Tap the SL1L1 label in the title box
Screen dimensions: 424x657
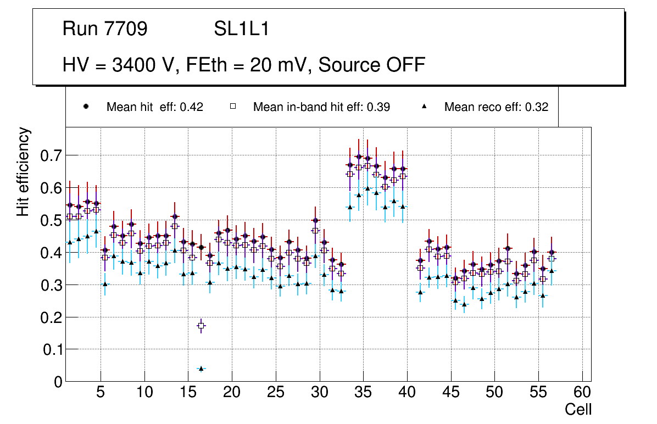tap(241, 29)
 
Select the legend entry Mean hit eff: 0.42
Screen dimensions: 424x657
tap(154, 107)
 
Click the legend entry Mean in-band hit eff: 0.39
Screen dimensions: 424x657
tap(321, 107)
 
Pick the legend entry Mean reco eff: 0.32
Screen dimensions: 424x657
tap(496, 107)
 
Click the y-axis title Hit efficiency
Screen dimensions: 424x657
tap(23, 171)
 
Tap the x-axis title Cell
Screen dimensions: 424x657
tap(578, 409)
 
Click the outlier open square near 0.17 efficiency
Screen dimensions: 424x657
tap(201, 326)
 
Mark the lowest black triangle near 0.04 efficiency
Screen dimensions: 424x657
tap(201, 368)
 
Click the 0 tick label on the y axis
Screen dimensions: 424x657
tap(58, 382)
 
